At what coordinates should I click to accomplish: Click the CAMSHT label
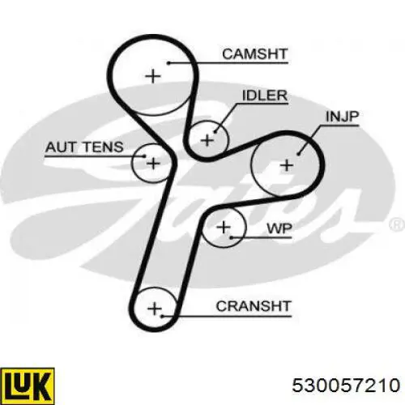254,54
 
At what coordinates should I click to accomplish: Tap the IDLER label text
265,96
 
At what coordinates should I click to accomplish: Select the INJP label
342,117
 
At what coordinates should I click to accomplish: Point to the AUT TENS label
84,147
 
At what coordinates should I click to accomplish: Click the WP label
279,228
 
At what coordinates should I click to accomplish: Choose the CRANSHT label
254,306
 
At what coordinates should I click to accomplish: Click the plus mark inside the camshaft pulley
153,76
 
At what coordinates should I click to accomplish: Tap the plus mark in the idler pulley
207,140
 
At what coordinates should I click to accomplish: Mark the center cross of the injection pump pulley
287,165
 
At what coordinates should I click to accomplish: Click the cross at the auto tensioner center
153,163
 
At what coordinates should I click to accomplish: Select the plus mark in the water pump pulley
224,227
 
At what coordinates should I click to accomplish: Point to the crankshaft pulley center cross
155,309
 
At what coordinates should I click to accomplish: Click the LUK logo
28,386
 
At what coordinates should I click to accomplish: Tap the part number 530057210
346,385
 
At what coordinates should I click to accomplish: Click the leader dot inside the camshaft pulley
168,63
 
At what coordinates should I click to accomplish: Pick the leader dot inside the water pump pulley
232,237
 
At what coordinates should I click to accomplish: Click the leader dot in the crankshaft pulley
162,316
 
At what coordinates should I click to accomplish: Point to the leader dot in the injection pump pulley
298,154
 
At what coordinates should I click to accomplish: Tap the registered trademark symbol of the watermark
397,224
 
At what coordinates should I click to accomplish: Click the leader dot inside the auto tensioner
144,156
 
